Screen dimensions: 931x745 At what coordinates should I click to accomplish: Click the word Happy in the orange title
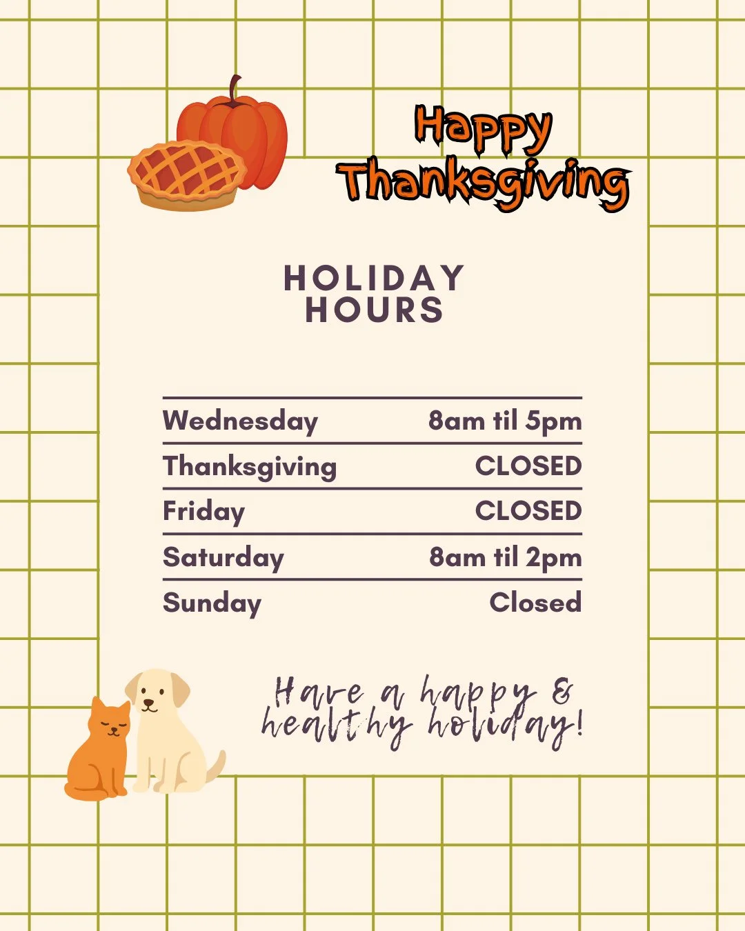pos(483,128)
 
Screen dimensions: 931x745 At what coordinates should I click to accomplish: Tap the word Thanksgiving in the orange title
pos(484,182)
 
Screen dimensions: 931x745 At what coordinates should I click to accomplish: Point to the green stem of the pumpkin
pos(235,90)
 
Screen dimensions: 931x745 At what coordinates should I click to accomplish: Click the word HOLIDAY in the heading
pos(374,279)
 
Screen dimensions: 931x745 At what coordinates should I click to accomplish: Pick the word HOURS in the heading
pos(374,310)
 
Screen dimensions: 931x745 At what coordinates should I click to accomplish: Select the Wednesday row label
pos(240,421)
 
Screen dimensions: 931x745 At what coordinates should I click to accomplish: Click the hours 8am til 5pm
pos(505,421)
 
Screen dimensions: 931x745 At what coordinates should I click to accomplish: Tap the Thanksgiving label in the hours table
pos(250,467)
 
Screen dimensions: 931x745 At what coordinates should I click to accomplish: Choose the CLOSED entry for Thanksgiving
pos(528,466)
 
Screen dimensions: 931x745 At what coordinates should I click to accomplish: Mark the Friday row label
pos(203,512)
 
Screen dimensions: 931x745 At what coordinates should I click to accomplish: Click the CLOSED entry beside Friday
pos(528,511)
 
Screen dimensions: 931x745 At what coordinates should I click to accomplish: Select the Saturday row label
pos(223,557)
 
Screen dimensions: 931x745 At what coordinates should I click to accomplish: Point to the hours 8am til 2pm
pos(505,557)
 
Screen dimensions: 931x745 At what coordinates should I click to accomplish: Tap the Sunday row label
pos(212,603)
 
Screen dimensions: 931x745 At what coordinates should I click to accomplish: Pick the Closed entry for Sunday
pos(535,603)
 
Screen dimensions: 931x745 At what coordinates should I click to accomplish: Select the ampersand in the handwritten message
pos(563,692)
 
